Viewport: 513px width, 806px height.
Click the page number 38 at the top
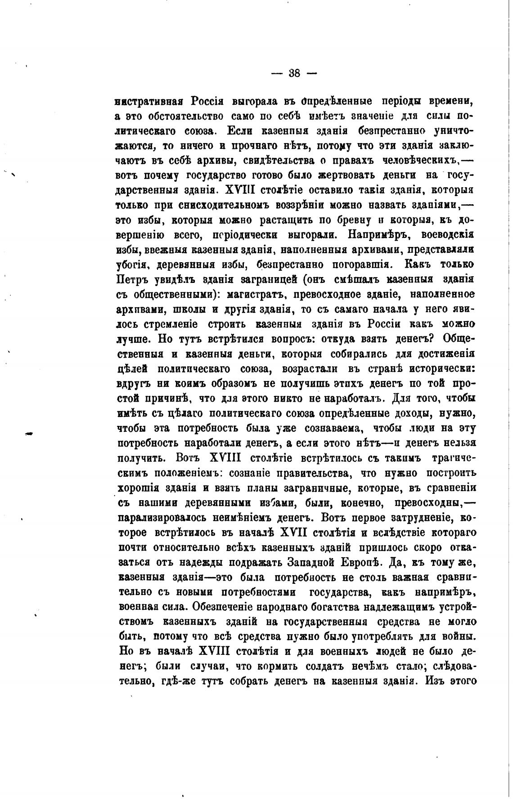coord(294,73)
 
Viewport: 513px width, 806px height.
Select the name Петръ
coord(133,279)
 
